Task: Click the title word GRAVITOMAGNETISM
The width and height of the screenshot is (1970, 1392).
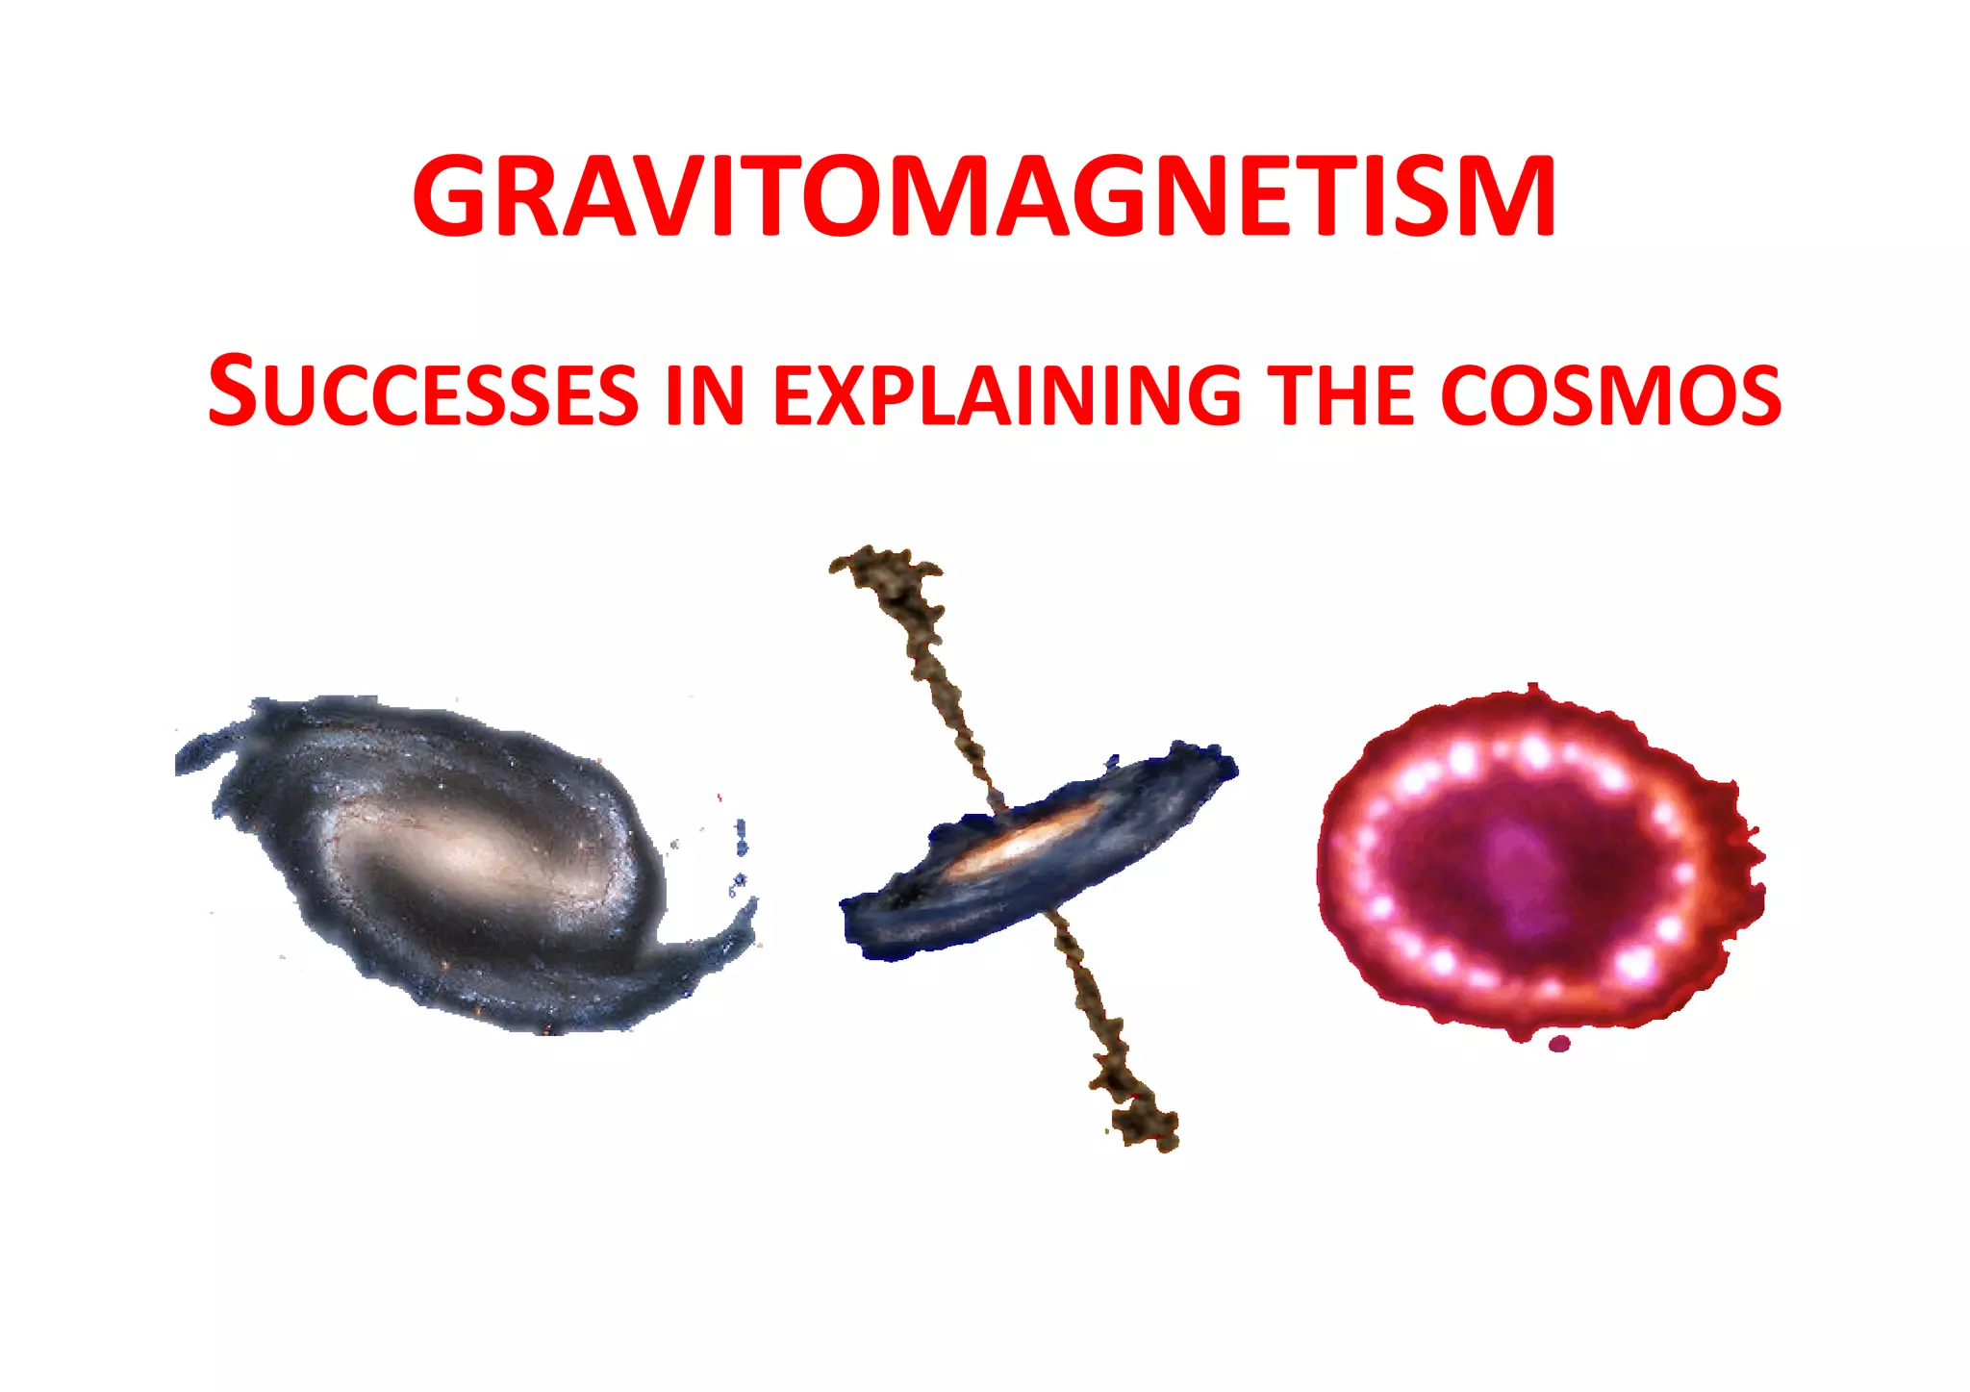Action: pyautogui.click(x=983, y=197)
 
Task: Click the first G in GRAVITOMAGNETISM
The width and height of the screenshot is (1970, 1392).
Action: pyautogui.click(x=450, y=197)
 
